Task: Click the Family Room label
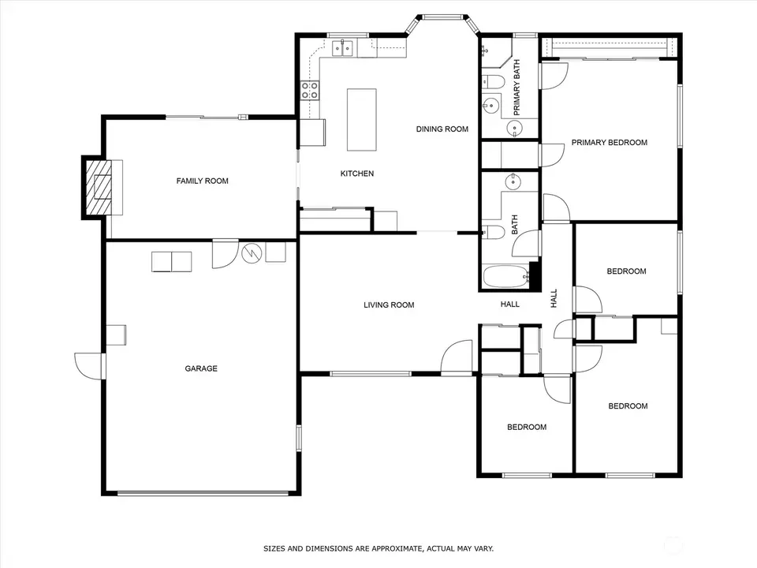(202, 181)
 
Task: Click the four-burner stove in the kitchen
(309, 90)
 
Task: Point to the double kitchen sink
(343, 49)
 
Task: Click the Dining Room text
(442, 129)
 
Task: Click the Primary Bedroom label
(609, 143)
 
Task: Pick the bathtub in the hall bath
(505, 278)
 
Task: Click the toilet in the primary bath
(493, 80)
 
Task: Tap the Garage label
(201, 368)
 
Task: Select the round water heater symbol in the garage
(251, 252)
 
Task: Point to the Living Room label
(389, 305)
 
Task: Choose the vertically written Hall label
(554, 297)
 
